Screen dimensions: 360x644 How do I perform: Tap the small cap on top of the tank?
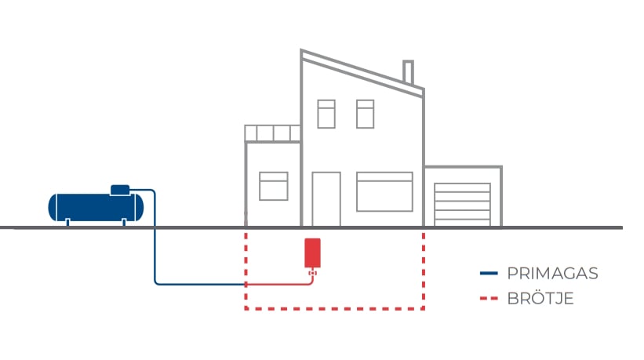coord(120,189)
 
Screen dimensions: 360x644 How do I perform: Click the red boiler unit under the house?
coord(312,253)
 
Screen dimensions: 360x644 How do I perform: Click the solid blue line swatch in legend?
coord(489,274)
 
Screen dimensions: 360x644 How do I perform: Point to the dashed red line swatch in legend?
coord(489,299)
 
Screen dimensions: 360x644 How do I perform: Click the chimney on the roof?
coord(408,72)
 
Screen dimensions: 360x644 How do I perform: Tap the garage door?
coord(463,204)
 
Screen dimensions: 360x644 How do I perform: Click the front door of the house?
coord(326,199)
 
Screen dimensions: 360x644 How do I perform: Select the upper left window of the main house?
coord(326,114)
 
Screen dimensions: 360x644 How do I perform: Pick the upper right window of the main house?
coord(365,114)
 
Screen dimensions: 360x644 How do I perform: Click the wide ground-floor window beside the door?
coord(384,192)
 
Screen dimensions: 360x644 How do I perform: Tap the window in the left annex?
coord(274,187)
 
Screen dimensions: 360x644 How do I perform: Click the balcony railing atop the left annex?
coord(272,133)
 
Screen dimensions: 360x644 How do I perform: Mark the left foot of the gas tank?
coord(67,222)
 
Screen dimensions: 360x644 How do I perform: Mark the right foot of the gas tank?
coord(124,222)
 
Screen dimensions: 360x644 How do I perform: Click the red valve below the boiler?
coord(312,273)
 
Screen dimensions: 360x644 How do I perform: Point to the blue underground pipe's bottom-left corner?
coord(155,283)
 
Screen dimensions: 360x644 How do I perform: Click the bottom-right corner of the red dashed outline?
coord(424,309)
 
